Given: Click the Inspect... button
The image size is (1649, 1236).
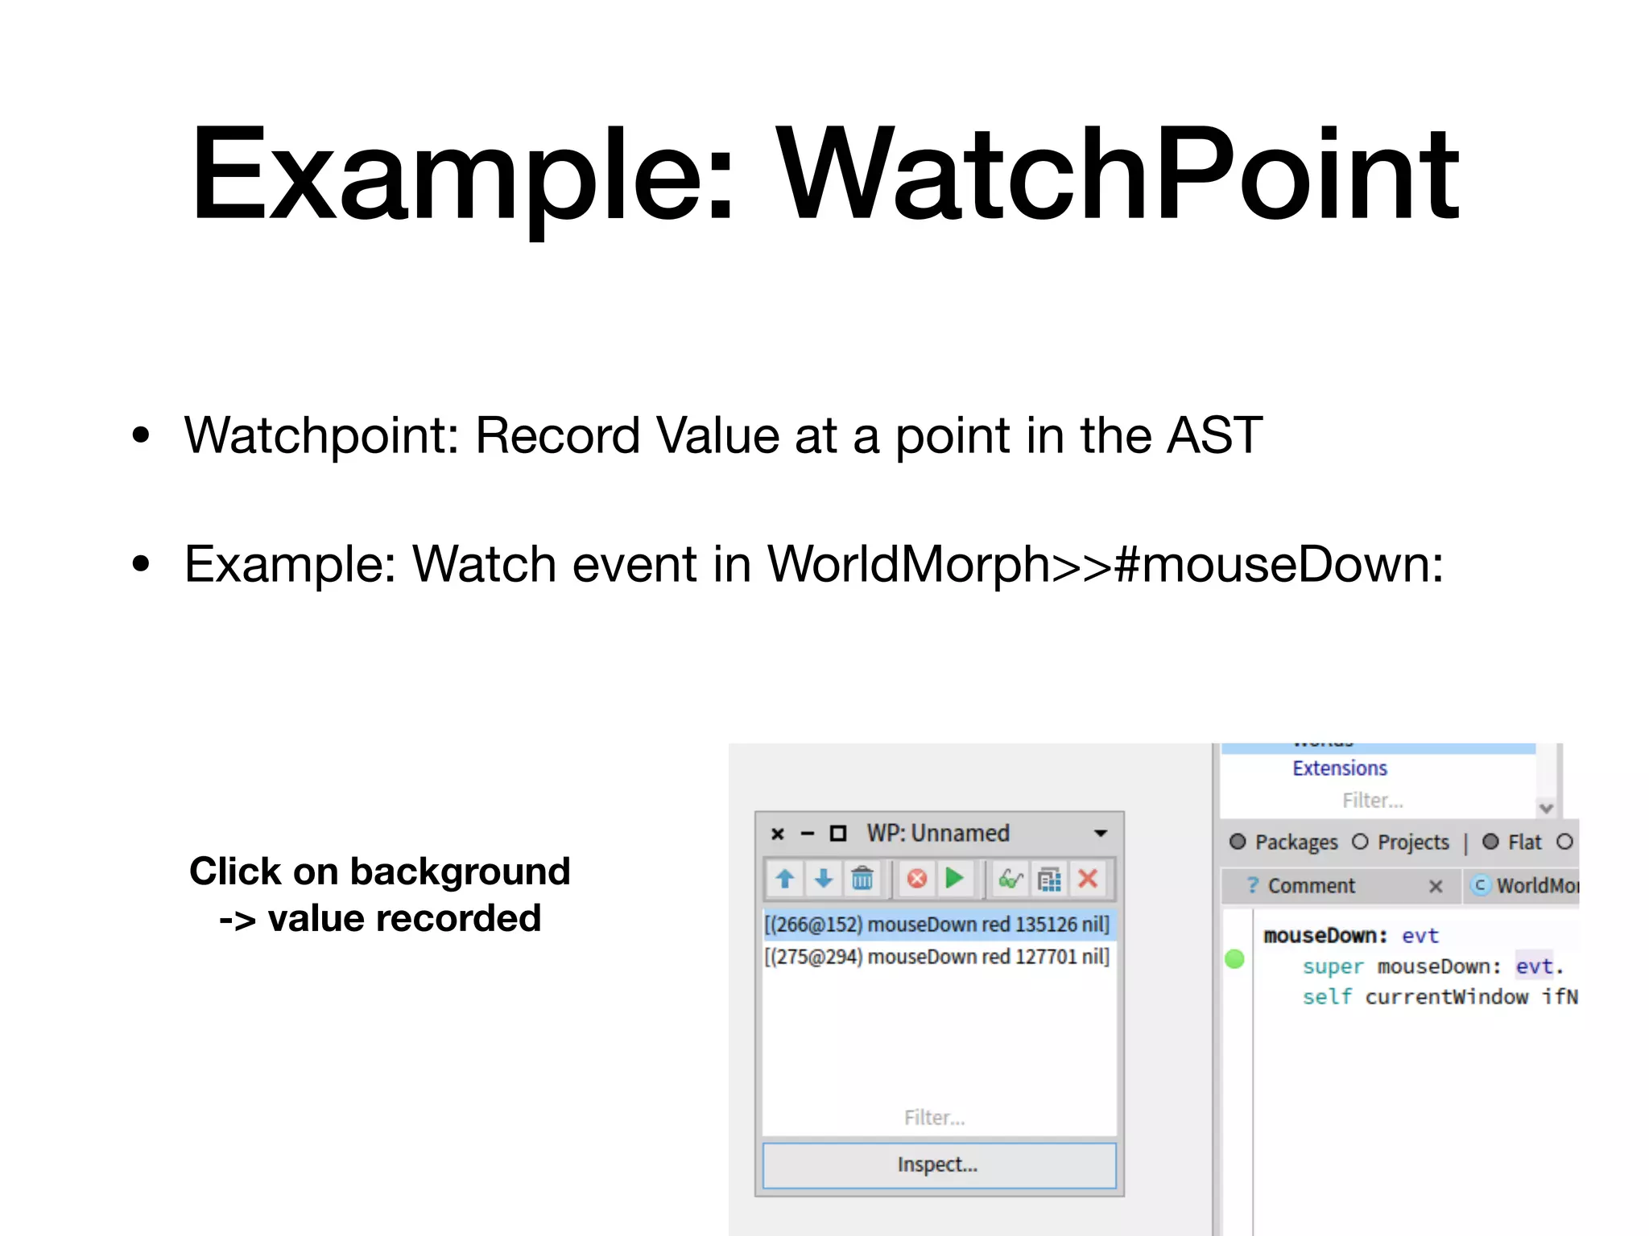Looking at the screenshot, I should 938,1164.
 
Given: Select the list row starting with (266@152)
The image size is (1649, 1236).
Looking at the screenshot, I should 936,925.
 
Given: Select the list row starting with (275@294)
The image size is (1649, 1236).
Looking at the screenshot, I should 936,957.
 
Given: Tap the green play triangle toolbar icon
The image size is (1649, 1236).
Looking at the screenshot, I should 955,878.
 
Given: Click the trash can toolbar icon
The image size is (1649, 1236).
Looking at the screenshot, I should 862,878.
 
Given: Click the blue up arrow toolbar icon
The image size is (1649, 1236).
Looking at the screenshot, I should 785,878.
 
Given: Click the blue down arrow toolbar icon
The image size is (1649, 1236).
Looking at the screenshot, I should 823,878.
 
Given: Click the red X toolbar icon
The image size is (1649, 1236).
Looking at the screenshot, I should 1088,878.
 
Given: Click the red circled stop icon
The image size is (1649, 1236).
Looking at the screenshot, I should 916,878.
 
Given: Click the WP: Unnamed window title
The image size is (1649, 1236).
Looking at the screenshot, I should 938,833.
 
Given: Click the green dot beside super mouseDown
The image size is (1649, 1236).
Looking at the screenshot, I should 1234,958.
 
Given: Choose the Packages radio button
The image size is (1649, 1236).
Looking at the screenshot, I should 1238,842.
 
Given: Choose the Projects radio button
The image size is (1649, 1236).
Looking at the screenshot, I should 1360,842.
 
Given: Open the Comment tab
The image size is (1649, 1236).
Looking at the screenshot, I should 1311,886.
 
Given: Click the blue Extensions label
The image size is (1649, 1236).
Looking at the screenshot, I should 1340,768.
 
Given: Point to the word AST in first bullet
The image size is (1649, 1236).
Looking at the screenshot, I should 1214,435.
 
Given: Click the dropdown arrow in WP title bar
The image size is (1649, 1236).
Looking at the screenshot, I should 1101,834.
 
